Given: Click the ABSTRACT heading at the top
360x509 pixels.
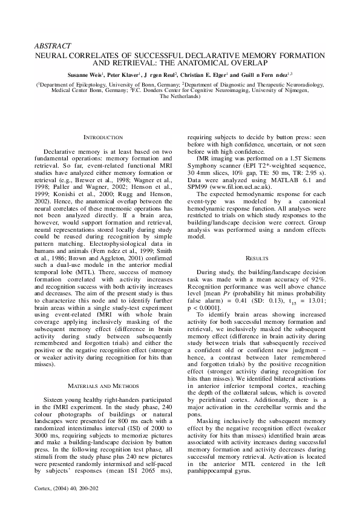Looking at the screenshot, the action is [x=54, y=45].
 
